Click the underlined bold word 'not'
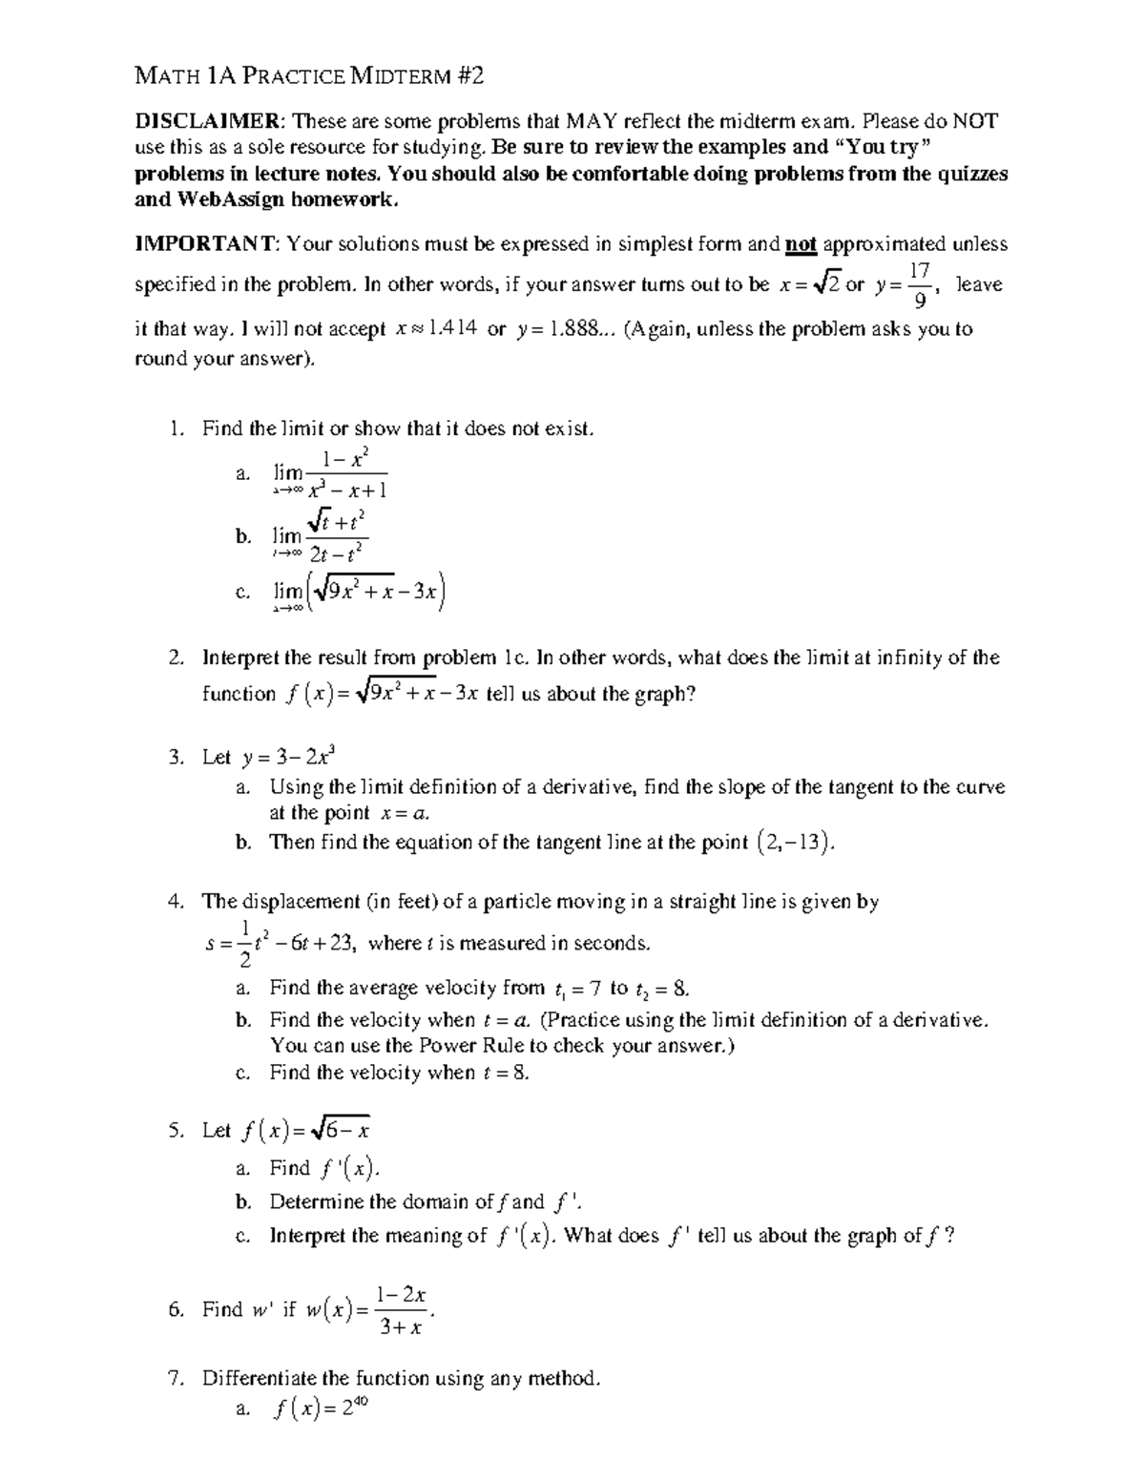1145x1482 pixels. point(801,244)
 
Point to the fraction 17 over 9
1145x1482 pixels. point(919,285)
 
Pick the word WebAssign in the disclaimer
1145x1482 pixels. point(229,199)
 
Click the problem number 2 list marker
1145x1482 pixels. point(175,658)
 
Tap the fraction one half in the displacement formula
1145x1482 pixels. point(244,944)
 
